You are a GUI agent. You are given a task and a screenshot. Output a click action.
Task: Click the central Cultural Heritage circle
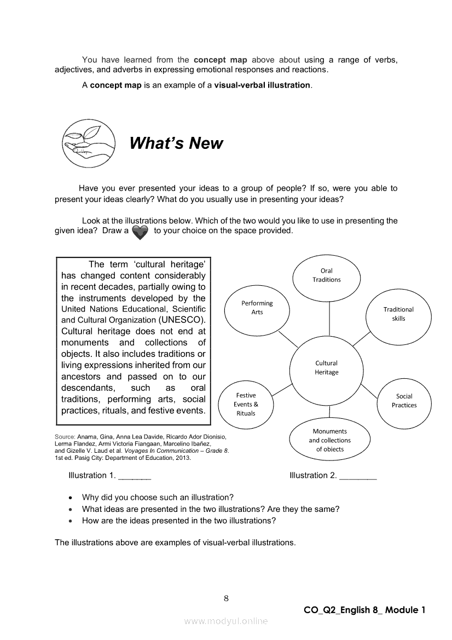click(x=327, y=368)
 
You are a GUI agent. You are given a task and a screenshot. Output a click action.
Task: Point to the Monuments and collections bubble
click(x=330, y=440)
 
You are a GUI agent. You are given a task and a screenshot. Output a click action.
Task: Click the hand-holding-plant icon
click(x=88, y=143)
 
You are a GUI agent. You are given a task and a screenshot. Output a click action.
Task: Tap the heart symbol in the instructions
click(x=140, y=232)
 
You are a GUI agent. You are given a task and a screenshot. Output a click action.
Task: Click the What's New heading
click(x=176, y=143)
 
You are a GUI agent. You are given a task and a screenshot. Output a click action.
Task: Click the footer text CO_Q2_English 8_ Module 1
click(x=364, y=610)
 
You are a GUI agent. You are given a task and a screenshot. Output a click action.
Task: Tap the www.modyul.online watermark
click(x=226, y=621)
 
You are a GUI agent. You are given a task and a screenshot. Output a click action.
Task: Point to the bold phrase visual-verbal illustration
click(x=262, y=85)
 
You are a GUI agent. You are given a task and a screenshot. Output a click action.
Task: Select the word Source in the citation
click(x=65, y=436)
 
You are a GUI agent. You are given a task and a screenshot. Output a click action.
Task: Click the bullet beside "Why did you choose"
click(x=71, y=498)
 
